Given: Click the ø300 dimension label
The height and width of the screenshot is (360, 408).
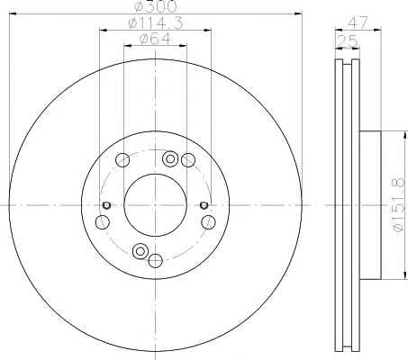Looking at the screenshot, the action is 155,6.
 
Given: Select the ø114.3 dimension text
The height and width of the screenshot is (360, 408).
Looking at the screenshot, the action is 156,23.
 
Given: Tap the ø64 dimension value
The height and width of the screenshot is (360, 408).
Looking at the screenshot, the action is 155,39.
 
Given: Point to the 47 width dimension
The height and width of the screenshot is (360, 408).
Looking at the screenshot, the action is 358,22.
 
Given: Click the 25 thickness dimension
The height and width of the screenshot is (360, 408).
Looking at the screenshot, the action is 348,41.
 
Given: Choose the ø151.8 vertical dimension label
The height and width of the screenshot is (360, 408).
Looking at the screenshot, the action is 398,204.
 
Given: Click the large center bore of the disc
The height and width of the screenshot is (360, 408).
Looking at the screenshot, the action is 156,205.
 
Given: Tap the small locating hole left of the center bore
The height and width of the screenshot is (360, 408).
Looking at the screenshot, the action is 106,205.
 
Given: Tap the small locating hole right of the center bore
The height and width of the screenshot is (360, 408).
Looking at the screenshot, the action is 204,205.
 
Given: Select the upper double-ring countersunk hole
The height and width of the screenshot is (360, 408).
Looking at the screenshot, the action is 170,158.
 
